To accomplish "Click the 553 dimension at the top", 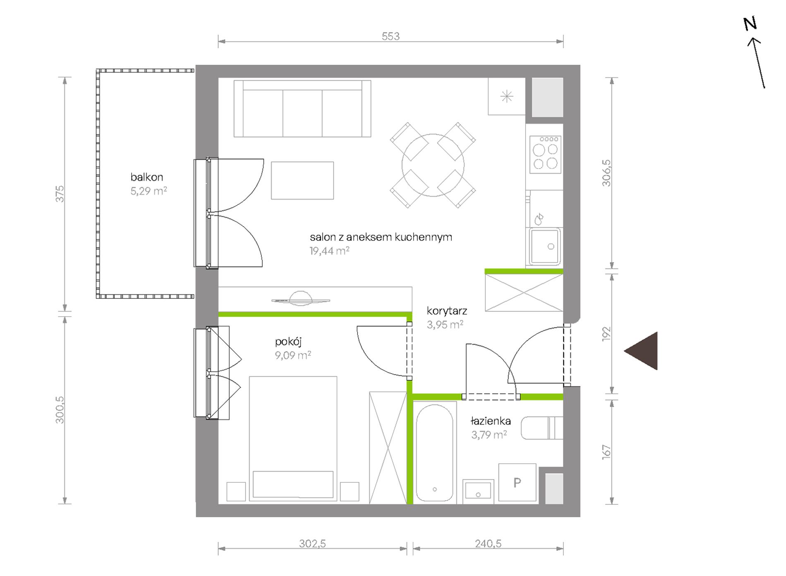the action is click(391, 36).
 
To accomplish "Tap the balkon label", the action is click(147, 177).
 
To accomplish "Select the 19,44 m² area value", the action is click(329, 251).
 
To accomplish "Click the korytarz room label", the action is click(447, 311).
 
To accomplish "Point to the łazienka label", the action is click(491, 421).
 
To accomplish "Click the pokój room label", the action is click(288, 342).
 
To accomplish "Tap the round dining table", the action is click(433, 165).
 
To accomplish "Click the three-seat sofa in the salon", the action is click(302, 108).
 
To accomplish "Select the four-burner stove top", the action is click(545, 155).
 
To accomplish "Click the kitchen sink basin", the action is click(545, 246).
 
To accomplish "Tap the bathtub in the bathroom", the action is click(434, 453).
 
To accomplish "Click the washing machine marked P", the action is click(517, 482).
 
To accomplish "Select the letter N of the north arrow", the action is click(750, 24).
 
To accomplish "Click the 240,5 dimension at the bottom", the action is click(488, 543).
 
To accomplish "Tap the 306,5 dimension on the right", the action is click(606, 173).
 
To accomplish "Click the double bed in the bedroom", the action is click(293, 439).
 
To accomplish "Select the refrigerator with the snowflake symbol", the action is click(507, 96).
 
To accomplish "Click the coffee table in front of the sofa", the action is click(302, 181).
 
